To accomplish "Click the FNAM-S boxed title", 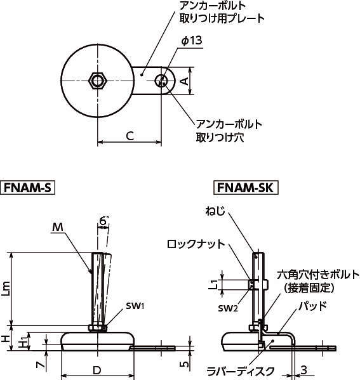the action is click(x=28, y=188).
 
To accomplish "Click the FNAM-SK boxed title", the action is click(x=246, y=188).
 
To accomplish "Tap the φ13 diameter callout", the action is click(x=192, y=41).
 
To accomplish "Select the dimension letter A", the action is click(x=185, y=81).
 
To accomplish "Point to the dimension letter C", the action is click(x=130, y=136).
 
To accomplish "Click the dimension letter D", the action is click(x=97, y=370).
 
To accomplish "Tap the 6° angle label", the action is click(x=103, y=221).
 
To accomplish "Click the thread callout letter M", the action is click(x=58, y=227).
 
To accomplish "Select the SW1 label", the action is click(x=135, y=306).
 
